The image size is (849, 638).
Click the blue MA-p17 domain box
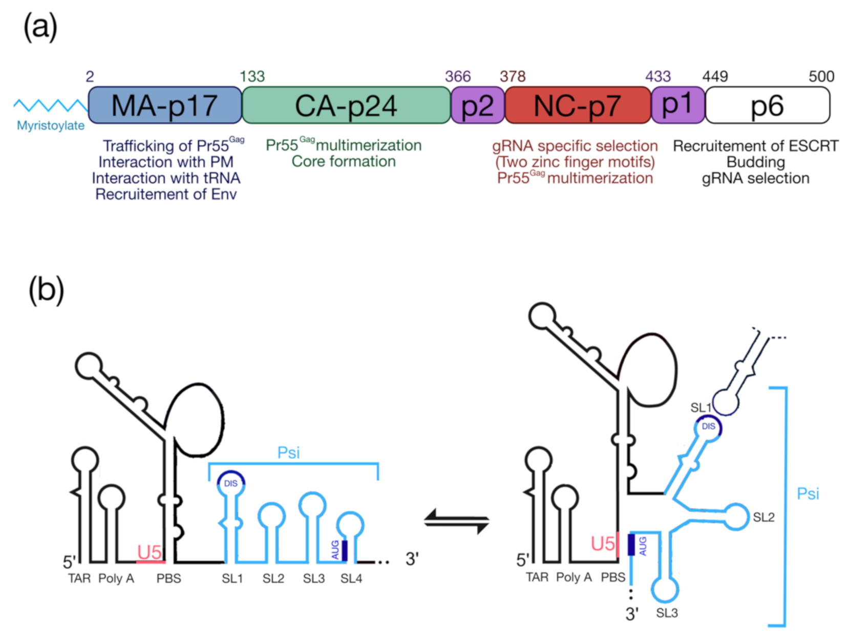point(165,105)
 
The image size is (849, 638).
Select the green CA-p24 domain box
point(346,105)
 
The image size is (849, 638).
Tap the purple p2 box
point(477,105)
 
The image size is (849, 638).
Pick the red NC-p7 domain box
point(578,105)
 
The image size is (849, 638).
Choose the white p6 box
point(767,105)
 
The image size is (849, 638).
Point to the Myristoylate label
point(51,125)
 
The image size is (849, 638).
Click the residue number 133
point(252,77)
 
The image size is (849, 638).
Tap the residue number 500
point(821,77)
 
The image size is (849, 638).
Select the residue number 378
point(513,77)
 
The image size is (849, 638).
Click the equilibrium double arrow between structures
point(457,521)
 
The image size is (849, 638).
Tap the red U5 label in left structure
point(150,552)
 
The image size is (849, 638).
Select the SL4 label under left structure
point(351,579)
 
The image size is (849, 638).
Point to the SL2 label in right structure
point(763,517)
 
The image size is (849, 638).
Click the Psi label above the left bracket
point(288,453)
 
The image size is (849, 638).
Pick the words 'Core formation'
point(344,162)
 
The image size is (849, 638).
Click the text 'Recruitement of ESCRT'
point(755,146)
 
